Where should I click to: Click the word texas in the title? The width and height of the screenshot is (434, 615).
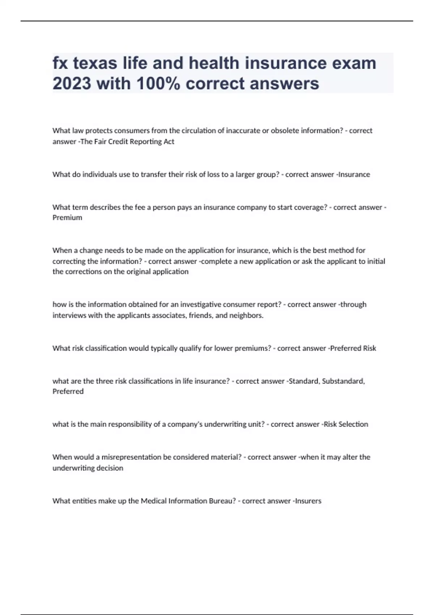[95, 63]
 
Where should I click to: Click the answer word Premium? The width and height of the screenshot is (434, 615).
[67, 217]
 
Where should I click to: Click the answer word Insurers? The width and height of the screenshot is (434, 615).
[308, 501]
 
